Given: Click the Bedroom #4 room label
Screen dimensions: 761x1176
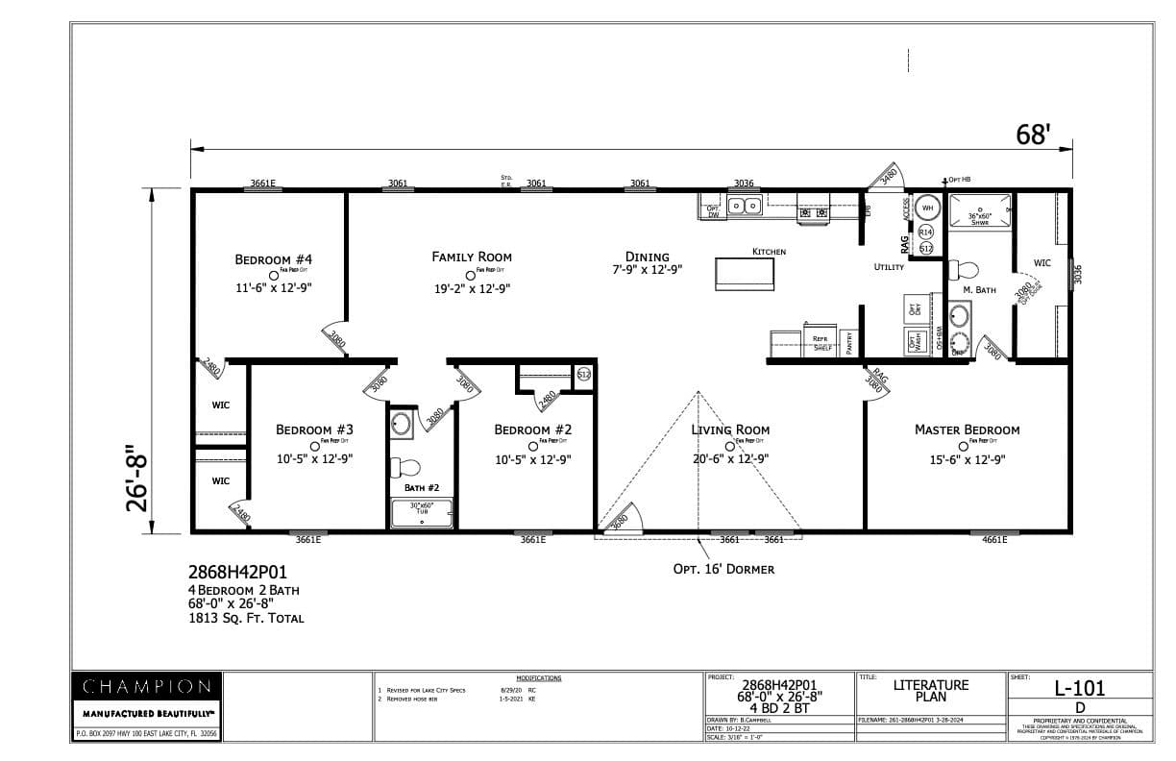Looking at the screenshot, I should (274, 259).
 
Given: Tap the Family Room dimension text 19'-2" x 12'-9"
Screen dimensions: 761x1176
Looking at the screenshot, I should (472, 287).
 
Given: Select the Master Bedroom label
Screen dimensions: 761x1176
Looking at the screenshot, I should (967, 430).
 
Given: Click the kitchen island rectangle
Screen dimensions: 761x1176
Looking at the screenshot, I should (745, 273).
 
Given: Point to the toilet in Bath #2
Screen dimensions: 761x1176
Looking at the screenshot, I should (406, 468).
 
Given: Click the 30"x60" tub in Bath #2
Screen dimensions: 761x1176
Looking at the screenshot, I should (422, 513).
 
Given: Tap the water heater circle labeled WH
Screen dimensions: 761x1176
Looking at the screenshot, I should (927, 207).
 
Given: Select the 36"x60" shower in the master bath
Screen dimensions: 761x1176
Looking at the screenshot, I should (980, 215).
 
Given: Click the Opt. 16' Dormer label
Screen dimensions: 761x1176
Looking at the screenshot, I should (723, 569).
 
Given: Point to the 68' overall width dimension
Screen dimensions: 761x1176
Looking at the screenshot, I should (1034, 135).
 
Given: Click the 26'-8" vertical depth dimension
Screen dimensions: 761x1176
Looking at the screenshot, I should (140, 477).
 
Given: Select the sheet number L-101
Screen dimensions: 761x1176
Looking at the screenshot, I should (1079, 687).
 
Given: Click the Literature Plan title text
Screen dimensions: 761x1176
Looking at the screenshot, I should (930, 691).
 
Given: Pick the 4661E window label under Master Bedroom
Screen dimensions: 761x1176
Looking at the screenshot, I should (994, 540).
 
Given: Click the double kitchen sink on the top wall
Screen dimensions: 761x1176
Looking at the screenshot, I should (744, 206).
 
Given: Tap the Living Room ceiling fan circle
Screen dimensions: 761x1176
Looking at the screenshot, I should (729, 445).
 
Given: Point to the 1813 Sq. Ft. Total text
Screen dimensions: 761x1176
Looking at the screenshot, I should (246, 618).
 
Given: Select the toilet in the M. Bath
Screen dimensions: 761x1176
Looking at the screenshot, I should (961, 270).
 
